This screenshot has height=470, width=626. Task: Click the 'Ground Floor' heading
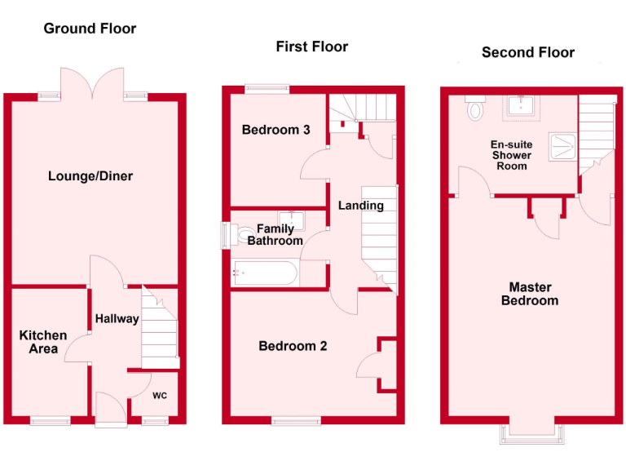90,29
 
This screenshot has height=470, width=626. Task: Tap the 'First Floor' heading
311,47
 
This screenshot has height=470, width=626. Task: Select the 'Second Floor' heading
528,52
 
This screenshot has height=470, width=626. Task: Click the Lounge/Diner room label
90,176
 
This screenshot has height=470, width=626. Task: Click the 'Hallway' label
117,318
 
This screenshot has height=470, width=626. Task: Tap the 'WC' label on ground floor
161,396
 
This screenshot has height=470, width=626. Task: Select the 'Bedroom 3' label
276,130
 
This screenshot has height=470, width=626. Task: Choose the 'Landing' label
360,206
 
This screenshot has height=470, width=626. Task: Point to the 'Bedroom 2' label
293,346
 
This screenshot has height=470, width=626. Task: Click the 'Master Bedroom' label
531,294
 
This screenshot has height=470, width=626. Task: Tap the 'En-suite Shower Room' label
510,155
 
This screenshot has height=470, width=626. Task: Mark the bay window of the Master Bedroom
527,432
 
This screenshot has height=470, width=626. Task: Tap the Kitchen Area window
51,421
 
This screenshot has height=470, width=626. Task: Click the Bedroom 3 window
267,89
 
